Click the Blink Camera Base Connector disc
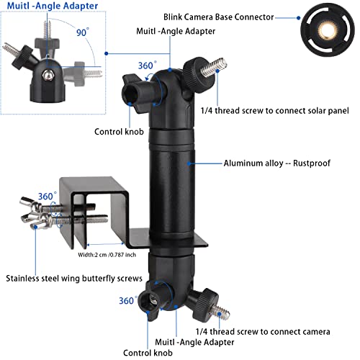[328, 30]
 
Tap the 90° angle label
[82, 32]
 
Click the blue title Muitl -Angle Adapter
[53, 6]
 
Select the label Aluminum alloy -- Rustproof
[276, 163]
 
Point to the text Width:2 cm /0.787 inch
[107, 255]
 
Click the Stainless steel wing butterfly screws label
[74, 279]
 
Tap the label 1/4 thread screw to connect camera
[263, 332]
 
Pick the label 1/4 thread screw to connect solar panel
[275, 111]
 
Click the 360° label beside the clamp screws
[48, 196]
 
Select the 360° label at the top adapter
[147, 66]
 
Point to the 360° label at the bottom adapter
[128, 300]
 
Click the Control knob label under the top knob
[119, 132]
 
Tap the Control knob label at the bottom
[148, 353]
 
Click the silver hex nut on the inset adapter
[48, 76]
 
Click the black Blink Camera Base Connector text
[219, 17]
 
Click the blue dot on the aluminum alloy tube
[189, 163]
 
